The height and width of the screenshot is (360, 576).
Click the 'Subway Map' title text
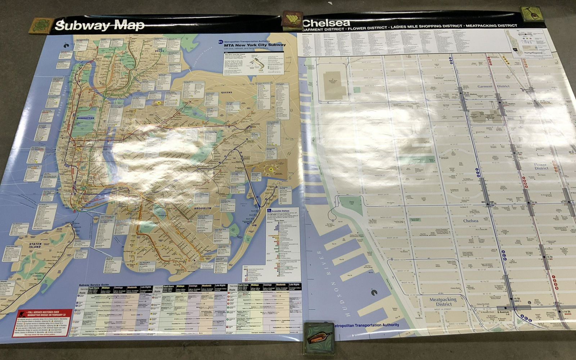[100, 25]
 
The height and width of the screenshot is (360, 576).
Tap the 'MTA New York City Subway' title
[255, 45]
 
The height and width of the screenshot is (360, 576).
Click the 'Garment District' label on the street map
[493, 86]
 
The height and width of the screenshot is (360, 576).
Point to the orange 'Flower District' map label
[541, 166]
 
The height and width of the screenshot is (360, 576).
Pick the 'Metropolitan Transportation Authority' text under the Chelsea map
[366, 325]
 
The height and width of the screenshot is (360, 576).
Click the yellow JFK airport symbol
[276, 167]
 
